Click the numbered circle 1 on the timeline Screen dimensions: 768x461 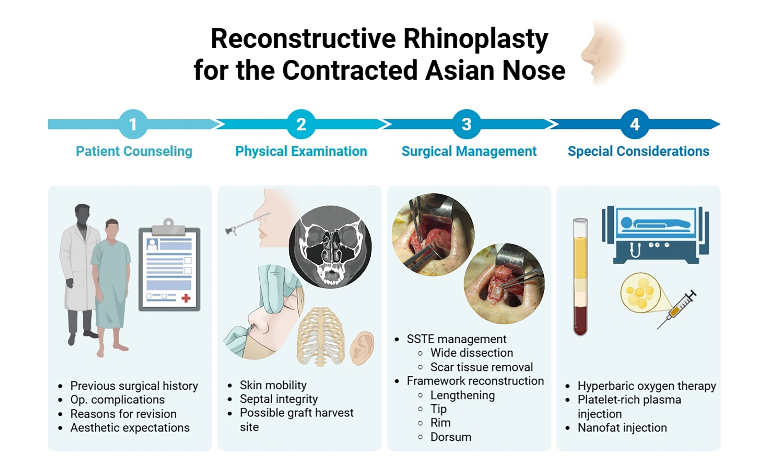click(133, 124)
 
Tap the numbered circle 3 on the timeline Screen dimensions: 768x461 click(467, 124)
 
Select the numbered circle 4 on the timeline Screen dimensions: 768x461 click(635, 124)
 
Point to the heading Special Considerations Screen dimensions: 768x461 click(639, 151)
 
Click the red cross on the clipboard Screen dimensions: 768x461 click(186, 298)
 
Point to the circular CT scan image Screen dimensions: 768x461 click(330, 247)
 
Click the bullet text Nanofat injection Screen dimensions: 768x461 click(622, 428)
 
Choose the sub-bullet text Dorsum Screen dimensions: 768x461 click(451, 437)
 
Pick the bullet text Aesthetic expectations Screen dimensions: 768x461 click(130, 428)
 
